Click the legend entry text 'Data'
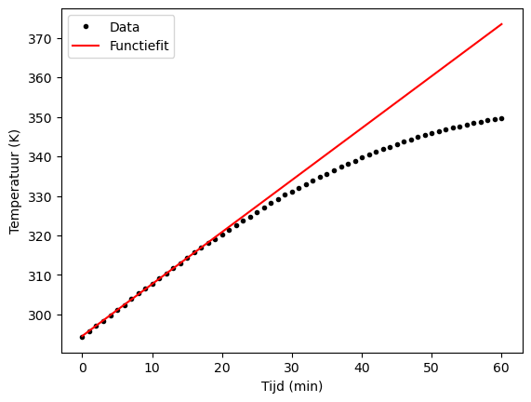point(125,27)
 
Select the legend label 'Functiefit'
point(139,45)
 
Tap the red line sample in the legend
point(89,45)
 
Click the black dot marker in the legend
point(89,27)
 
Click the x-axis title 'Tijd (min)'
point(291,386)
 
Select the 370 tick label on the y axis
point(46,39)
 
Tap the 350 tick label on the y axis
point(46,118)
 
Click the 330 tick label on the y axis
point(46,197)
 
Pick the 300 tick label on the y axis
point(46,315)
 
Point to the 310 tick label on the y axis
point(46,276)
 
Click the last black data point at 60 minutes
point(502,118)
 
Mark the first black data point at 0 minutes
point(82,337)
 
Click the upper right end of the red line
point(502,24)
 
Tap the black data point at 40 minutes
point(362,157)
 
